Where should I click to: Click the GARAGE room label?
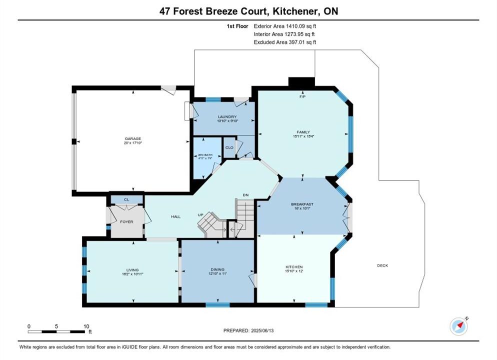click(x=133, y=139)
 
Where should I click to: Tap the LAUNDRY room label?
click(x=227, y=117)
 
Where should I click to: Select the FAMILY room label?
click(x=303, y=132)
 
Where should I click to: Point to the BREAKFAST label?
click(x=302, y=204)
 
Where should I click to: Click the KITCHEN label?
click(x=294, y=267)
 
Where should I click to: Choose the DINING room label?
click(x=217, y=269)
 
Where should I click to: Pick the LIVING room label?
click(x=132, y=270)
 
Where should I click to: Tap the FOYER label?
click(x=126, y=222)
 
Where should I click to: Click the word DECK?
click(x=382, y=265)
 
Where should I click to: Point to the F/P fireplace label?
click(x=302, y=96)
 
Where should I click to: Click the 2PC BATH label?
click(x=205, y=155)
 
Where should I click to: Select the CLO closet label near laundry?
click(x=229, y=147)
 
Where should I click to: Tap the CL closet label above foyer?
click(x=126, y=199)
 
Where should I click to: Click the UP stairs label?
click(x=200, y=215)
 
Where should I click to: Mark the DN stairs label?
click(x=245, y=195)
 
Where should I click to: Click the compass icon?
click(x=458, y=326)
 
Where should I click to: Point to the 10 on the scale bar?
click(x=86, y=326)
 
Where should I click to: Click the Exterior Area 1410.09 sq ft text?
click(x=284, y=26)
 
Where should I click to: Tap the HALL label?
click(x=175, y=217)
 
